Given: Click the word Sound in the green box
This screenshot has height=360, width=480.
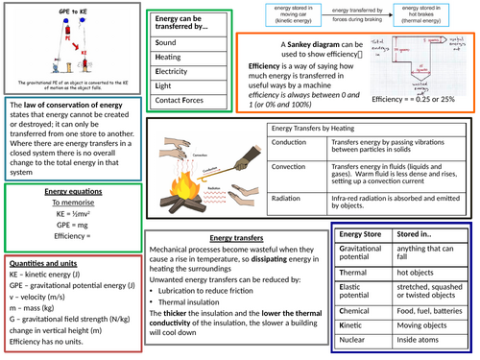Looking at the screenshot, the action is click(x=166, y=44).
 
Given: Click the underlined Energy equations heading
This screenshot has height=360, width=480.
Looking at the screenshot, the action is click(x=66, y=192).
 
